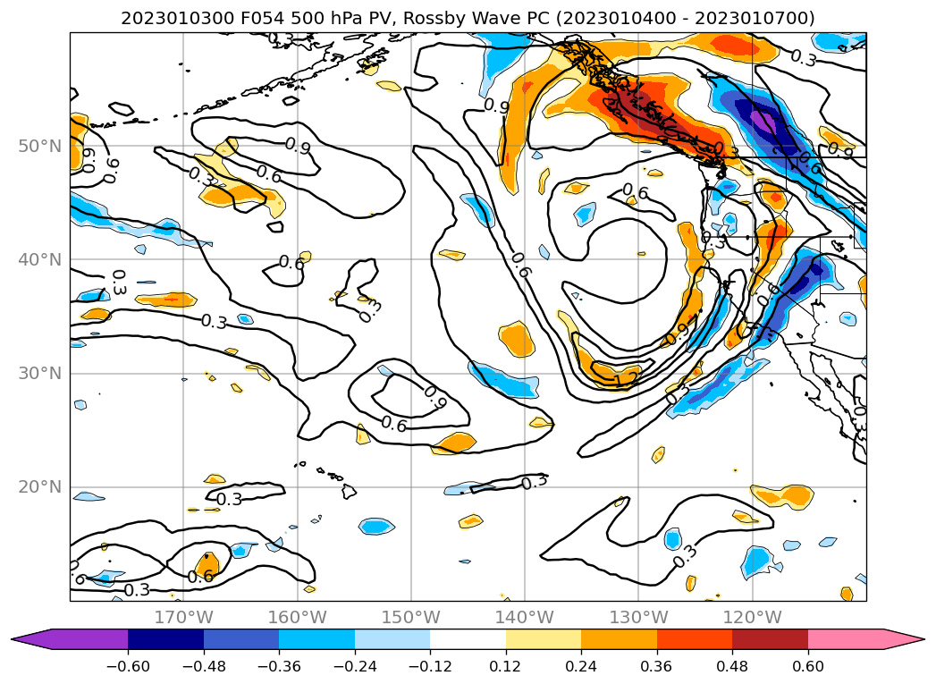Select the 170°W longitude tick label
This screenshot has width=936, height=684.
[x=183, y=617]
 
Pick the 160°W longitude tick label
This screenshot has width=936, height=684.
[x=297, y=617]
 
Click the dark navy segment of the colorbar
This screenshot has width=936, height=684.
[x=165, y=638]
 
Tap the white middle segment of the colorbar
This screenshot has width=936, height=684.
[x=468, y=638]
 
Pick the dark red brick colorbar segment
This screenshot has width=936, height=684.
[x=770, y=638]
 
